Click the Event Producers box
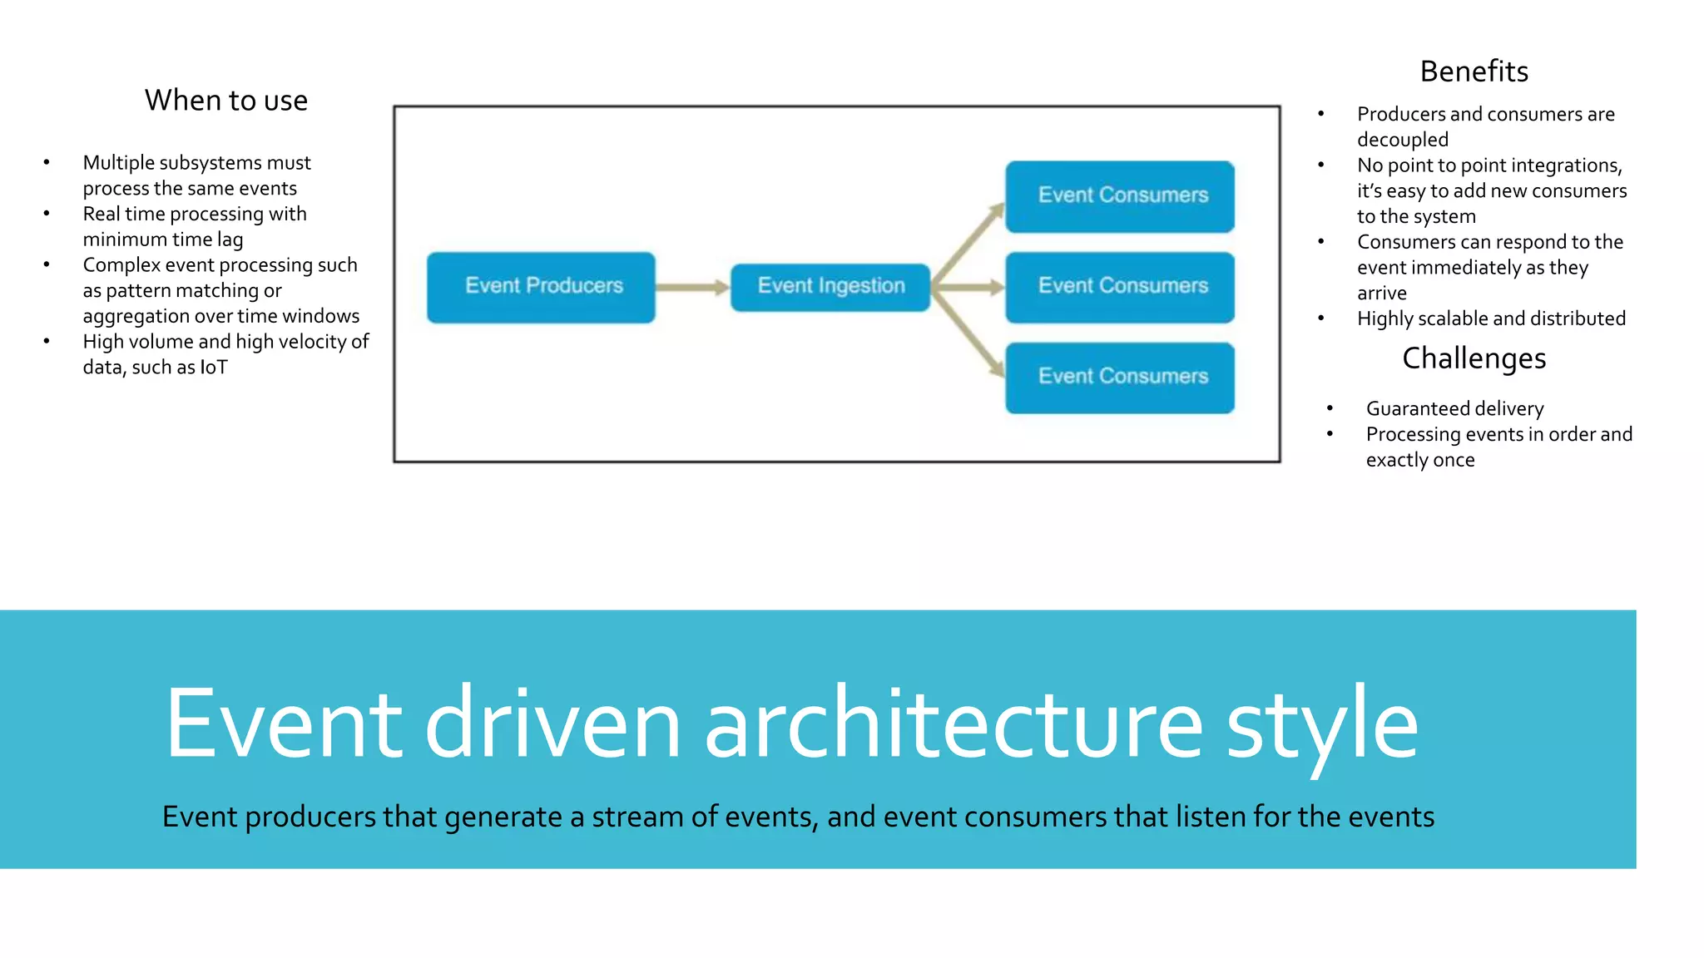click(541, 287)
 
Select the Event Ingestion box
click(830, 287)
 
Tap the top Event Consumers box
click(1120, 196)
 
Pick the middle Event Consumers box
click(1120, 287)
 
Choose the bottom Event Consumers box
click(1120, 378)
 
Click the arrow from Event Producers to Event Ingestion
click(692, 288)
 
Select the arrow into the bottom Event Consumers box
click(969, 333)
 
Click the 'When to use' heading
click(226, 101)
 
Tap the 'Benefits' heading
click(1474, 72)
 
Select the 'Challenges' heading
click(1474, 358)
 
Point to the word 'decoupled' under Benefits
click(1403, 140)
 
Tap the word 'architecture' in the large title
click(954, 723)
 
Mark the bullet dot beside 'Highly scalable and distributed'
click(1321, 319)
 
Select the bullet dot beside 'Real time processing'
click(47, 214)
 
